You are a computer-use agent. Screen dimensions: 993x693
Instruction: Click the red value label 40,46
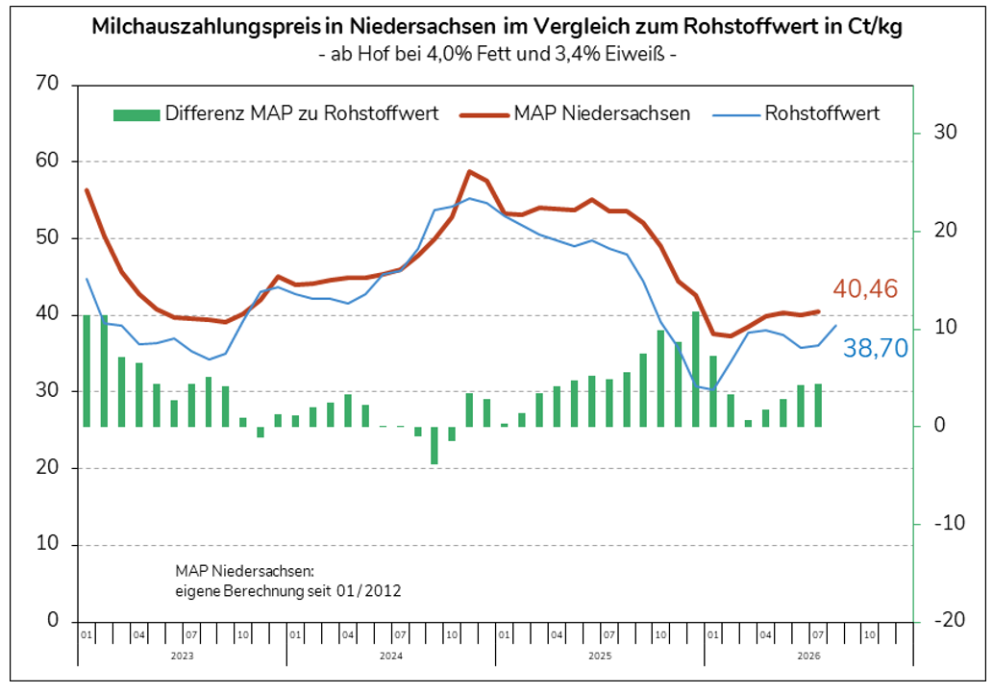pyautogui.click(x=865, y=289)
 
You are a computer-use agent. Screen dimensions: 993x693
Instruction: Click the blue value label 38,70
pyautogui.click(x=875, y=348)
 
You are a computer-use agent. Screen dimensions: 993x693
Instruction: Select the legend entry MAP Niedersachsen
pyautogui.click(x=575, y=113)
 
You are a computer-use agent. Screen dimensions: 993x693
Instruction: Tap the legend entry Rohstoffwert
pyautogui.click(x=796, y=113)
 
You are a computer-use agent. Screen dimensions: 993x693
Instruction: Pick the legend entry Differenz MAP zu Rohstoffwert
pyautogui.click(x=276, y=113)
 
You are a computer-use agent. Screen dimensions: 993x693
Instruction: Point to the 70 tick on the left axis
pyautogui.click(x=47, y=83)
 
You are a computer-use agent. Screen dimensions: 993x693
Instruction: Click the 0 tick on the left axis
pyautogui.click(x=53, y=620)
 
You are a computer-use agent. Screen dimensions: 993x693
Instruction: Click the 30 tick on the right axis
pyautogui.click(x=946, y=133)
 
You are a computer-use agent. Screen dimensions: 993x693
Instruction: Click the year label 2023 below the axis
pyautogui.click(x=182, y=656)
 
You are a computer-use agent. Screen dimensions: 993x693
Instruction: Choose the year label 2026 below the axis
pyautogui.click(x=808, y=656)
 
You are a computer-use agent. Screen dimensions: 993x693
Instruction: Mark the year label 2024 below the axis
pyautogui.click(x=390, y=656)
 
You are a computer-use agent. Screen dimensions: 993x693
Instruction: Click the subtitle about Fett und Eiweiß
pyautogui.click(x=497, y=54)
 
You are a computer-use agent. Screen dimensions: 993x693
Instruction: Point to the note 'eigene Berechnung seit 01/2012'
pyautogui.click(x=288, y=591)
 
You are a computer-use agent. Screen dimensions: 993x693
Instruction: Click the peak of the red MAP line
pyautogui.click(x=469, y=171)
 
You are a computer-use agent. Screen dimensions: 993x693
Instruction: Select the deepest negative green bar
pyautogui.click(x=434, y=445)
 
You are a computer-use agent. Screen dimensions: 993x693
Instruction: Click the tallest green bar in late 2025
pyautogui.click(x=695, y=369)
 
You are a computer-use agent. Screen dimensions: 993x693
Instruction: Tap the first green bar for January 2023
pyautogui.click(x=87, y=371)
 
